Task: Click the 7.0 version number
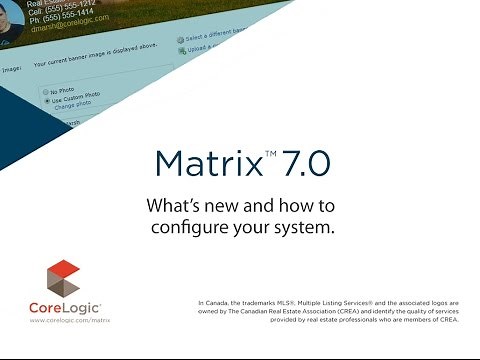[301, 162]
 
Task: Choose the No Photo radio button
[46, 91]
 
